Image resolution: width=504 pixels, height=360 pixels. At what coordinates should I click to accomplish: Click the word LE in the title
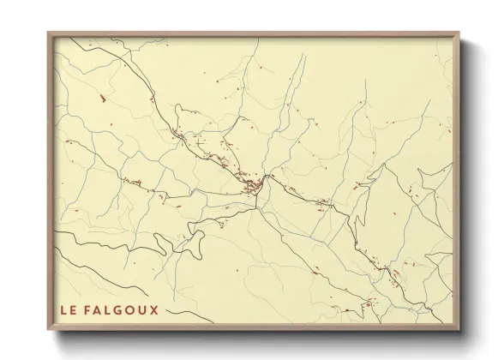tap(69, 309)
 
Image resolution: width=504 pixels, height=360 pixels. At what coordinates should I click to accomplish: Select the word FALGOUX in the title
tap(123, 309)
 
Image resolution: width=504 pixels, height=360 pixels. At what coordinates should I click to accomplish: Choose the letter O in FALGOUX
tap(133, 309)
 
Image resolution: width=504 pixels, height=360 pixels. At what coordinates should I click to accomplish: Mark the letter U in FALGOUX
tap(144, 309)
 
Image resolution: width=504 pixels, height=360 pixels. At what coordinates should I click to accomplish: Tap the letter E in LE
tap(74, 309)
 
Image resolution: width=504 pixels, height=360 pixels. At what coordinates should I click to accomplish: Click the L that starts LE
tap(63, 309)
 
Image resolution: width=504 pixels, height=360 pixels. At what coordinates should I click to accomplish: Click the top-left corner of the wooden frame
tap(49, 33)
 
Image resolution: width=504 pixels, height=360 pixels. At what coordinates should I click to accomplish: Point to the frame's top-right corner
tap(459, 33)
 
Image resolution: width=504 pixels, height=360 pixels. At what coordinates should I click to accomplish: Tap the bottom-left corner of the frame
tap(49, 330)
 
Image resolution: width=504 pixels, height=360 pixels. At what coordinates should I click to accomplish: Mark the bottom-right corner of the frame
tap(459, 330)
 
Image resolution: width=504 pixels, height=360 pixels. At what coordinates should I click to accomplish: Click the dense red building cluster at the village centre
tap(252, 185)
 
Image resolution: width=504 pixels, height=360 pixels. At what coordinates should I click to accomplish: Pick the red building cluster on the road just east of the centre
tap(322, 203)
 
